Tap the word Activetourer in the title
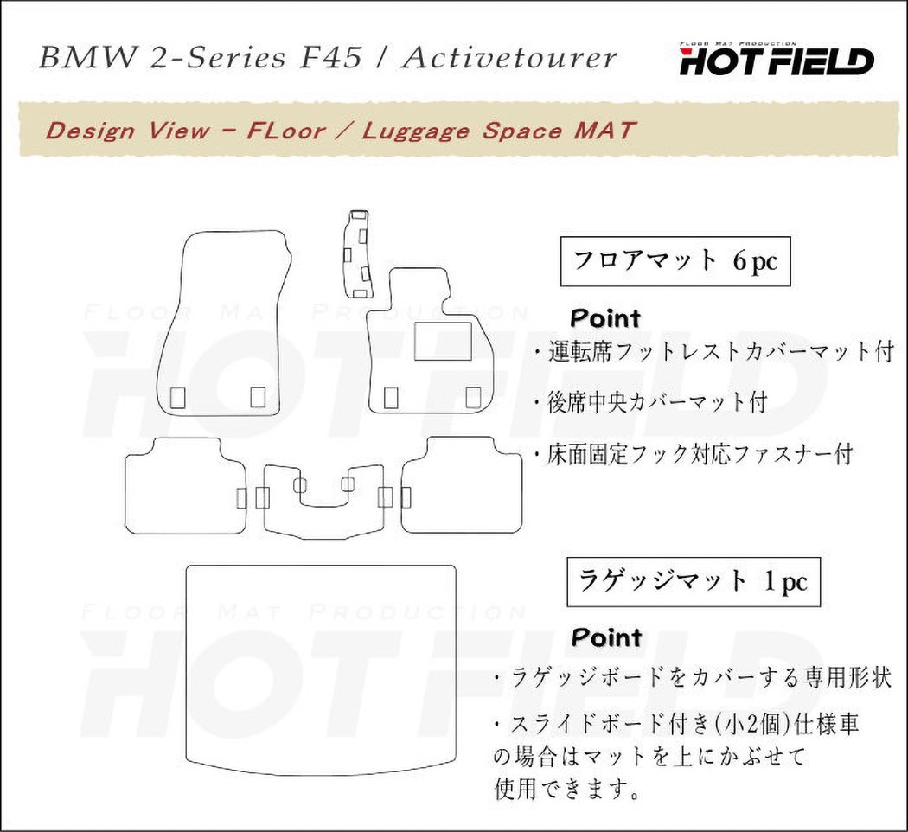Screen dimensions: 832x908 point(510,58)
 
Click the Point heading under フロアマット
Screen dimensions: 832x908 point(605,318)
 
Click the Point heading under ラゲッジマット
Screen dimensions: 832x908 point(605,638)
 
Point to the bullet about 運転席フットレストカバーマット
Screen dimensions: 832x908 point(713,352)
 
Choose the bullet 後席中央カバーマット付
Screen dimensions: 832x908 point(650,402)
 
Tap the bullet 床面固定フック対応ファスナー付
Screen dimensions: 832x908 point(693,452)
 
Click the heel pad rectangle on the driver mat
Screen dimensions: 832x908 point(443,342)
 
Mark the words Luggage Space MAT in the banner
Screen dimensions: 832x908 point(499,131)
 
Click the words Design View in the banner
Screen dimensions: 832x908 point(127,131)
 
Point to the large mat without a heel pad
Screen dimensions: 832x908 point(223,324)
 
